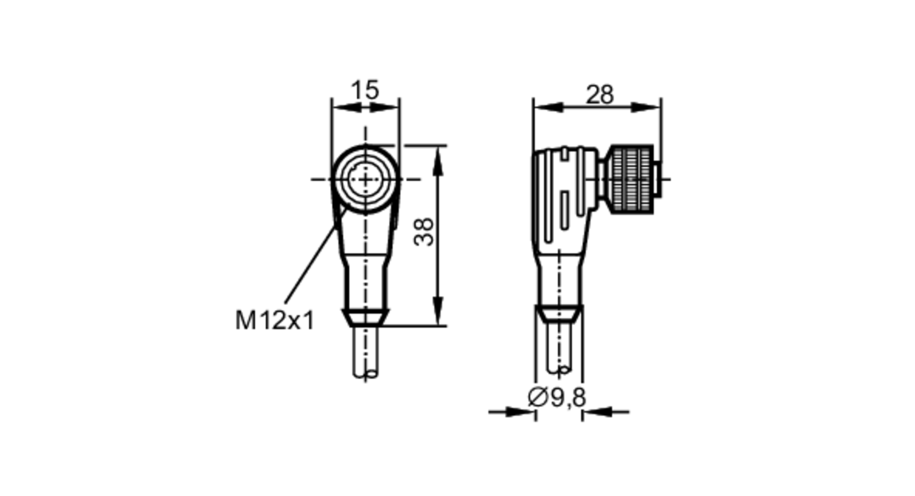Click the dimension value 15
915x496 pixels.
click(x=365, y=90)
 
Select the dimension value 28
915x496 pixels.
click(x=599, y=95)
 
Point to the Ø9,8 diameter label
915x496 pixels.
click(x=557, y=397)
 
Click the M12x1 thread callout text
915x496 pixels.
click(x=275, y=320)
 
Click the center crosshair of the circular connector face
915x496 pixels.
click(x=365, y=179)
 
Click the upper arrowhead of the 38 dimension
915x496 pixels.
click(x=438, y=160)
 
